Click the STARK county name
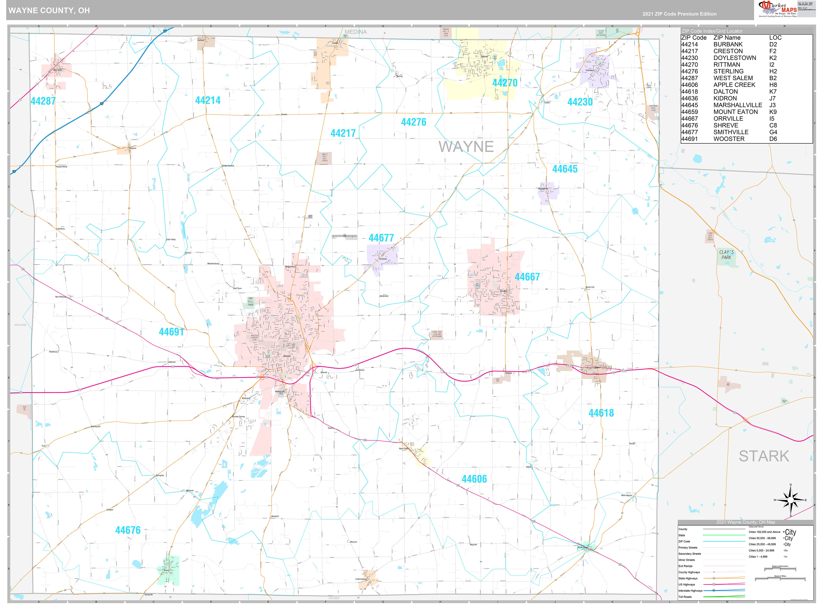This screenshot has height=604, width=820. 764,456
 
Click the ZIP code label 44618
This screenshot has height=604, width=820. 601,413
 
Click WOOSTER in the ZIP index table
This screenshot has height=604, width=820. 729,139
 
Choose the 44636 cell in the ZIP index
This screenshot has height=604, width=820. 689,98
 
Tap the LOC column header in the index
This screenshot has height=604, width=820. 775,38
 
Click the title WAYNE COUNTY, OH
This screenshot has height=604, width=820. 49,10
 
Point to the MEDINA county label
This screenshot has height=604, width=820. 355,32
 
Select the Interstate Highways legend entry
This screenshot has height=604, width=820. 690,591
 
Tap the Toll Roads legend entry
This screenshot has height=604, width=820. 685,597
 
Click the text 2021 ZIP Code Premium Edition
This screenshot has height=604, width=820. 679,14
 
